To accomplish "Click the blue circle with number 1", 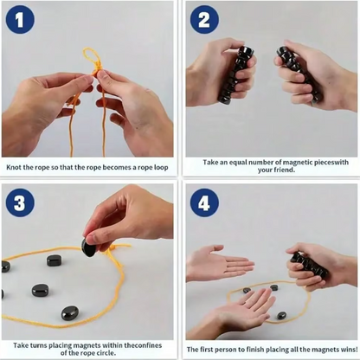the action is (x=20, y=20).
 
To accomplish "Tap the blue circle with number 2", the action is (x=204, y=20).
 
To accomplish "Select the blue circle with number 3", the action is (x=20, y=202).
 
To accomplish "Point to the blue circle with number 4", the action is (x=204, y=202).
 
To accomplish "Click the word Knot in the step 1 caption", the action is (x=13, y=167).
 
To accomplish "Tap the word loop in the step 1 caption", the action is (x=161, y=168).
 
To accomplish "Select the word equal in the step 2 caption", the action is (x=238, y=163).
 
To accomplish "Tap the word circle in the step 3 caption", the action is (x=106, y=353).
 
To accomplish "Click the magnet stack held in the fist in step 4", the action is (x=309, y=265).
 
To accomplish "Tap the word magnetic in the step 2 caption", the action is (x=298, y=163).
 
